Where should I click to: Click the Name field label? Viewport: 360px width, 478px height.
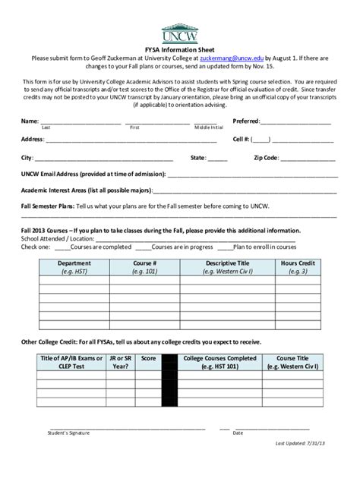click(29, 121)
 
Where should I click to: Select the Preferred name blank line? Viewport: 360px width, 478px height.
click(295, 121)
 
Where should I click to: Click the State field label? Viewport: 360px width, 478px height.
click(197, 158)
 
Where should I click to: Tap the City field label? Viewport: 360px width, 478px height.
click(27, 158)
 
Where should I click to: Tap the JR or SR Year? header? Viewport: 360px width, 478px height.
click(120, 361)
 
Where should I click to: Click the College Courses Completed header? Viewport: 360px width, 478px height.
click(220, 361)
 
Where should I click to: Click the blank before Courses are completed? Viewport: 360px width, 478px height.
click(61, 247)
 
